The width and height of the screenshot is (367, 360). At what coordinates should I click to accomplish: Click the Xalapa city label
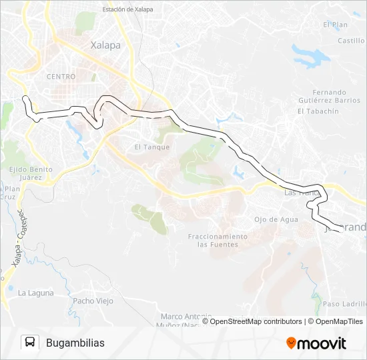click(105, 45)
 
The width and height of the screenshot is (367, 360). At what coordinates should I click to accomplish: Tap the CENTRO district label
click(61, 77)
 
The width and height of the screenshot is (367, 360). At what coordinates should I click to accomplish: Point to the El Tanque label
click(152, 147)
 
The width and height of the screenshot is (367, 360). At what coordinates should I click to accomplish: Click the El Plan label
click(335, 25)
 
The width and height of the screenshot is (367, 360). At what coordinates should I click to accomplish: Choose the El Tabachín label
click(318, 111)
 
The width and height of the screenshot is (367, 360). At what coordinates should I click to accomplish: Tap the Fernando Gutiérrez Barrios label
click(329, 96)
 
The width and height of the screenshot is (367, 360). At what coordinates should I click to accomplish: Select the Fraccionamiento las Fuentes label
click(218, 241)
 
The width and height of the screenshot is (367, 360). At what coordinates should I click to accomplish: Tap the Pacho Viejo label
click(93, 301)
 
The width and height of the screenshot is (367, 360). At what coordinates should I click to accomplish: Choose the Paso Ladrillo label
click(344, 304)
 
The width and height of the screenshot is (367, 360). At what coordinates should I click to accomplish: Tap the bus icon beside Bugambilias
click(30, 343)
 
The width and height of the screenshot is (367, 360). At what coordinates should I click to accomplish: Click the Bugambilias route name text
click(75, 343)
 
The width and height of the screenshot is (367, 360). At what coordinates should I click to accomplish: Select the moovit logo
click(316, 343)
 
